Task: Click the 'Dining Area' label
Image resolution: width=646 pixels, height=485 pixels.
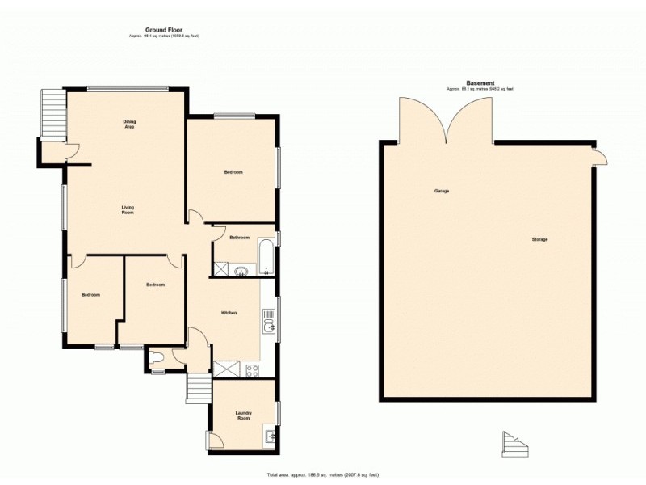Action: point(129,124)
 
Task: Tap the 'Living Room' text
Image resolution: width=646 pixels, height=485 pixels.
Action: point(128,210)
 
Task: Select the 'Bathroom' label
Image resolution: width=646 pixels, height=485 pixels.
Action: point(239,238)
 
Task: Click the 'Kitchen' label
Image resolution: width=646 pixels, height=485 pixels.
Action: point(229,313)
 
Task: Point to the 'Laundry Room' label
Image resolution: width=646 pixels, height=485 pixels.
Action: point(243,415)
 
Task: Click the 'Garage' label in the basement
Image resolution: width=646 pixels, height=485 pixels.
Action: point(442,191)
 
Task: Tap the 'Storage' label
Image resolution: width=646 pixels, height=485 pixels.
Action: point(539,240)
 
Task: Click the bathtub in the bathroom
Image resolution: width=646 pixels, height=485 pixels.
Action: point(266,256)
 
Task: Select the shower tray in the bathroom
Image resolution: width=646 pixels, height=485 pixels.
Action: point(220,269)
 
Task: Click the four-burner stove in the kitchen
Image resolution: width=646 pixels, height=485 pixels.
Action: point(251,371)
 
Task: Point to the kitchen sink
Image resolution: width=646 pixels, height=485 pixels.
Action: point(269,327)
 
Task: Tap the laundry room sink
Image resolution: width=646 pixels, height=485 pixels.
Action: point(271,437)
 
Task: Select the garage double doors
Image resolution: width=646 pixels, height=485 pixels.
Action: point(444,119)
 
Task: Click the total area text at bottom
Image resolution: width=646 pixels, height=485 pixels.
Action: point(323,474)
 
